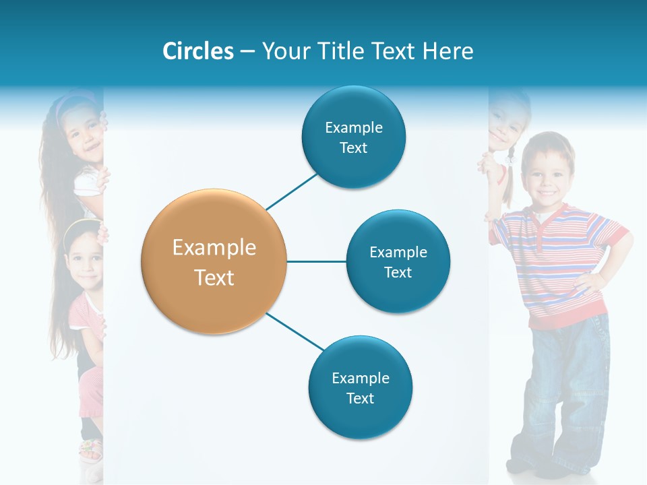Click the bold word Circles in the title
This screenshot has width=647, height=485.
[197, 51]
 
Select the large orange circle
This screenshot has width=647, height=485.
[214, 261]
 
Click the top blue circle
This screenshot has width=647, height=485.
[353, 137]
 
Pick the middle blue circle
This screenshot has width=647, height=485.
[398, 261]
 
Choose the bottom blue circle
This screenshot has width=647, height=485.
[360, 387]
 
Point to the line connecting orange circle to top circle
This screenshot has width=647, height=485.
[292, 191]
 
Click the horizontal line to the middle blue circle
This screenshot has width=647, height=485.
[316, 261]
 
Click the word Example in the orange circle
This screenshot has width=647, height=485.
[214, 248]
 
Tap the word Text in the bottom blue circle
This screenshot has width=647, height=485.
[360, 398]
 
